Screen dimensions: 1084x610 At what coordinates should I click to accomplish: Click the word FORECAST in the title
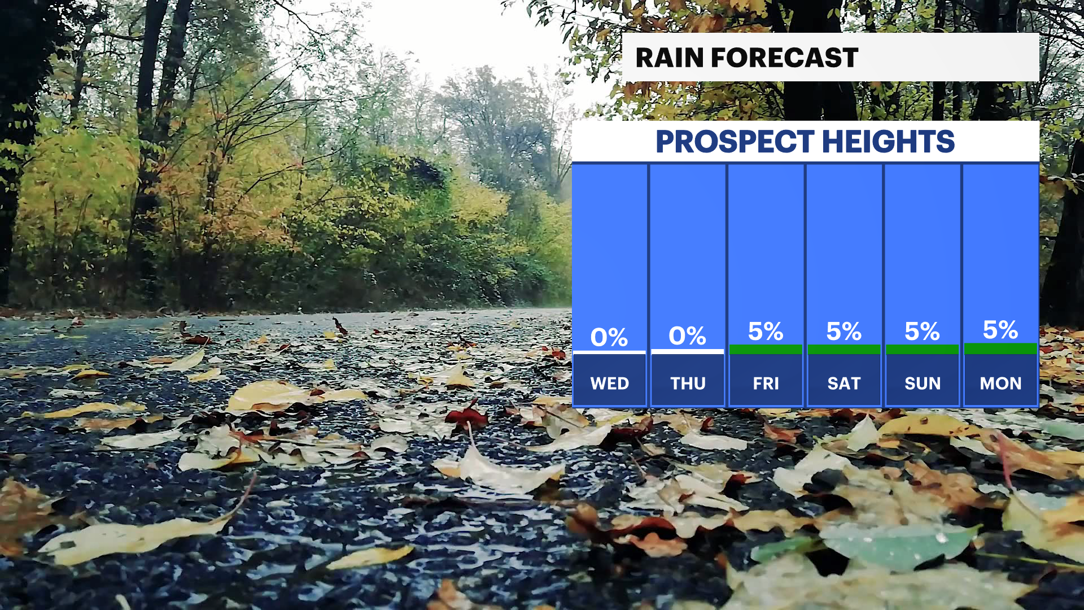pos(784,58)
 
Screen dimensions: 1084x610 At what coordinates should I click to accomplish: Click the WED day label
pos(610,384)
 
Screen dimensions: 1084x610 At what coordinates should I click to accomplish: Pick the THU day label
pos(688,384)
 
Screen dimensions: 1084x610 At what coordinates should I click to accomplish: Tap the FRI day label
pos(766,384)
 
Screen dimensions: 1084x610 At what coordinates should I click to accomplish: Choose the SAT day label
pos(844,384)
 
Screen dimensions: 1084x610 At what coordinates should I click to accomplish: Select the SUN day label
pos(923,384)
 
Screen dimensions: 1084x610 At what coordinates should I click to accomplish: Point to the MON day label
pos(1000,384)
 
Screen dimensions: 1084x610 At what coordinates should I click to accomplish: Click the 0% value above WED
pos(609,337)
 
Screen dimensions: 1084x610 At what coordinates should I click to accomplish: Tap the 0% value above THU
pos(687,336)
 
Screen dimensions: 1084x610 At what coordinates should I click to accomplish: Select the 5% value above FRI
pos(766,332)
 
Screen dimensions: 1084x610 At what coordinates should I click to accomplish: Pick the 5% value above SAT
pos(844,332)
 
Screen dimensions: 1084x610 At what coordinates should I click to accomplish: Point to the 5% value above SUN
pos(922,332)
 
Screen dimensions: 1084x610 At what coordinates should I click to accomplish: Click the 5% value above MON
pos(1000,330)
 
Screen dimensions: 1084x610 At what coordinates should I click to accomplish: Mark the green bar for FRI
pos(766,350)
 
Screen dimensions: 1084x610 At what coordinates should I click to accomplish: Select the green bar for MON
pos(1000,348)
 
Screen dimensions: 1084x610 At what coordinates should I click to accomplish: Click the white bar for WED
pos(609,352)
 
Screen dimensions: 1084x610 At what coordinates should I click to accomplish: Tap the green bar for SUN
pos(923,350)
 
